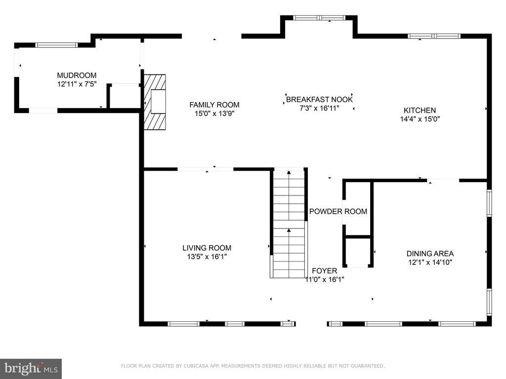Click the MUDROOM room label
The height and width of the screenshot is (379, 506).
click(77, 76)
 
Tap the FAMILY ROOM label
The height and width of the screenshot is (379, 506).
click(214, 105)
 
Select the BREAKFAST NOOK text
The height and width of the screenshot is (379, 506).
click(319, 99)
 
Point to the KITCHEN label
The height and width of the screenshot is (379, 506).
click(420, 110)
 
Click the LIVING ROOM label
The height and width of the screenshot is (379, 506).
click(207, 248)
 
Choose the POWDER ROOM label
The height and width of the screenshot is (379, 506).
click(338, 211)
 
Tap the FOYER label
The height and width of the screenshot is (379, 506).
click(324, 271)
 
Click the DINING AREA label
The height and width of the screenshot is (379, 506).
click(430, 254)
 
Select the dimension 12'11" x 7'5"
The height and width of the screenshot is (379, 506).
click(77, 84)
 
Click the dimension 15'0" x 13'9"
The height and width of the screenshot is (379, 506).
click(214, 114)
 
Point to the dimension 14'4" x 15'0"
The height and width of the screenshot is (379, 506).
click(420, 119)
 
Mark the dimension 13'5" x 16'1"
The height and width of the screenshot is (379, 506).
click(207, 257)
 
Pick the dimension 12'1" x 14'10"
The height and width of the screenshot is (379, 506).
click(430, 263)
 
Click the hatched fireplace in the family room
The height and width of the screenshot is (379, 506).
click(155, 102)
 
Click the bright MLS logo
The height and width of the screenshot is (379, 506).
click(31, 369)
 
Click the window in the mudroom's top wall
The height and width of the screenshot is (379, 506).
click(56, 45)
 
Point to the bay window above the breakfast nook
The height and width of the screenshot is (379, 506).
click(319, 18)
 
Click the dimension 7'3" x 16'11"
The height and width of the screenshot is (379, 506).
click(320, 108)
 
